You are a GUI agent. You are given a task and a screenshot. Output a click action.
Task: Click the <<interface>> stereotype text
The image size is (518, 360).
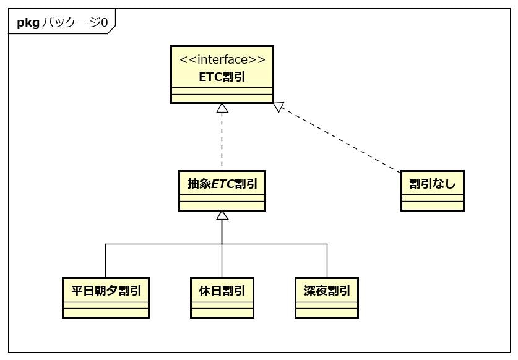point(222,59)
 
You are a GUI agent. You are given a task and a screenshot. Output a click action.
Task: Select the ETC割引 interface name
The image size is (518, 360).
point(222,76)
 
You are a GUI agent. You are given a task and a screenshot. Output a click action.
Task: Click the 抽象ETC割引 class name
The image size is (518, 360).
point(222,183)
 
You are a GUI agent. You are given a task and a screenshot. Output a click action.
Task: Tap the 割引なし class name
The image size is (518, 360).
point(432,183)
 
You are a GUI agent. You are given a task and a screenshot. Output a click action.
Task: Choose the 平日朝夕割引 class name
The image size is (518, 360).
point(106,290)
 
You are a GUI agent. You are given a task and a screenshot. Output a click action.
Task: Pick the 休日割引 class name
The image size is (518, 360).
point(222,290)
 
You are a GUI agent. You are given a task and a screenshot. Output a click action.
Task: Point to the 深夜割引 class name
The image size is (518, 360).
point(326,290)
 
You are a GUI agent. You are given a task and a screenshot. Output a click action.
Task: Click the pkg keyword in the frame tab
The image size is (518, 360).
point(28,23)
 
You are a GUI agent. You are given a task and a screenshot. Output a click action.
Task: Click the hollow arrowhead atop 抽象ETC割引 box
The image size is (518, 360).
point(222,216)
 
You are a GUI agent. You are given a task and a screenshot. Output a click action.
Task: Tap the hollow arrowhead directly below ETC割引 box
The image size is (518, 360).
point(222,108)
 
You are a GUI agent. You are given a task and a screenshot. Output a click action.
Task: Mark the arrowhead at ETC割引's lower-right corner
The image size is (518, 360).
point(279,108)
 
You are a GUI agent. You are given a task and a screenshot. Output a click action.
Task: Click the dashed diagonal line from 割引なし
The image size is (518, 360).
point(340,140)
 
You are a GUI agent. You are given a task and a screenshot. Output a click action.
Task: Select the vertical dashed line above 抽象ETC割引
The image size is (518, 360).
point(222,142)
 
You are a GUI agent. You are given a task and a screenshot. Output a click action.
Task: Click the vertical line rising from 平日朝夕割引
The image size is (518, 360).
point(106,260)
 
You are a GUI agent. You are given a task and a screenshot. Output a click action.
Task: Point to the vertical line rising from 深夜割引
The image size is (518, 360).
point(326,260)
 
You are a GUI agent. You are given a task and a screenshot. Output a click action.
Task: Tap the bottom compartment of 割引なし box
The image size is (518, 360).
point(432,205)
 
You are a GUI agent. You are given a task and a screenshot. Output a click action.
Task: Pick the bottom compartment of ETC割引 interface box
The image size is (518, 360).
point(222,98)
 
